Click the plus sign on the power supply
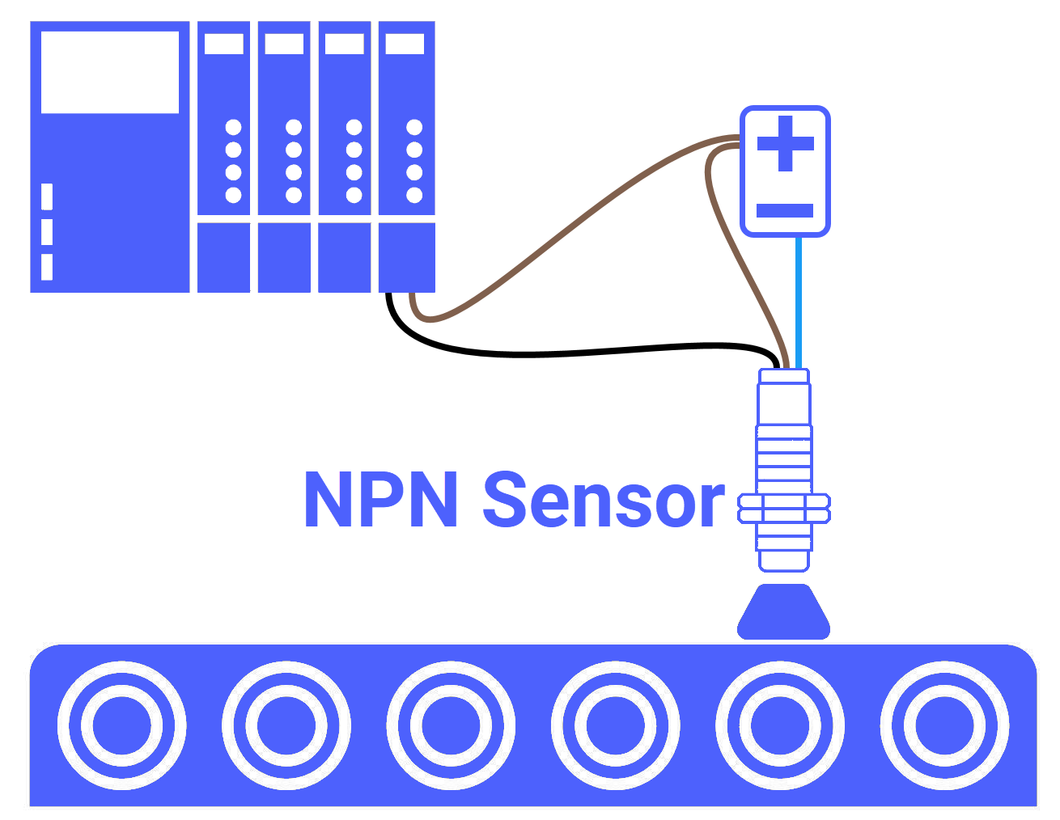[x=785, y=144]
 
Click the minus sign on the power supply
[x=785, y=211]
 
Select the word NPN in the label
[x=381, y=501]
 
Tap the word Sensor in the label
[x=603, y=501]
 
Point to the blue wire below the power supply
[x=799, y=299]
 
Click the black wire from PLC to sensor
[x=566, y=354]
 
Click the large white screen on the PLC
[x=110, y=72]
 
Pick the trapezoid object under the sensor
[x=784, y=612]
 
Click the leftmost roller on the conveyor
[x=122, y=725]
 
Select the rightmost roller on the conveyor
[x=944, y=725]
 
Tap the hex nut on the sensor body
[x=784, y=509]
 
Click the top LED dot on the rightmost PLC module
[x=414, y=127]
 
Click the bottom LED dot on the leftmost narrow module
[x=233, y=195]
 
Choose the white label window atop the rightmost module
[x=405, y=44]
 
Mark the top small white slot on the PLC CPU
[x=47, y=197]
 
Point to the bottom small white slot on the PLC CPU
[x=47, y=267]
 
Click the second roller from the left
[x=286, y=725]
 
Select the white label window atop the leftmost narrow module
[x=224, y=44]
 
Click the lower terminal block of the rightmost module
[x=407, y=257]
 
